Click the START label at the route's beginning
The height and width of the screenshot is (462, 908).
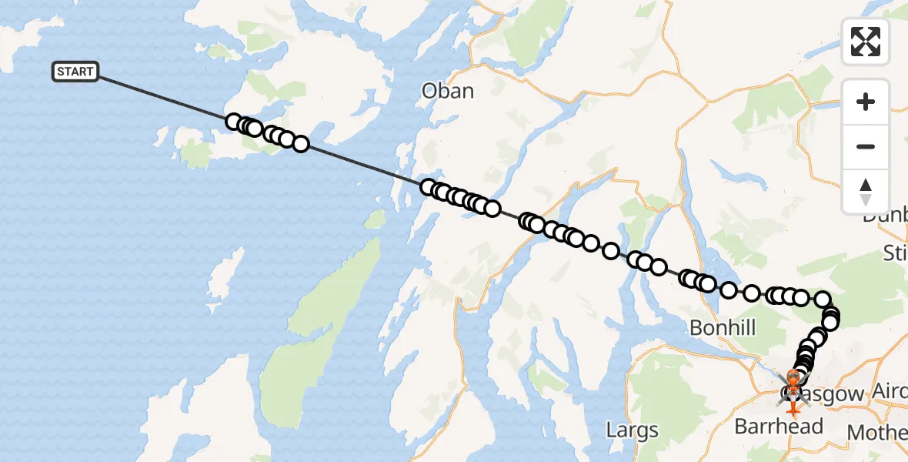pos(75,72)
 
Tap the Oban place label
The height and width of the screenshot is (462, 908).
pos(448,91)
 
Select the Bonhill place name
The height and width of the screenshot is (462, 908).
pos(723,327)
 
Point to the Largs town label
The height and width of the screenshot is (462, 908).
pos(633,429)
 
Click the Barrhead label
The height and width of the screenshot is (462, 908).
pos(779,426)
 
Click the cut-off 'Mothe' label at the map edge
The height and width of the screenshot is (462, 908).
pos(877,432)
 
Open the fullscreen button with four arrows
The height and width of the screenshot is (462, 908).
pos(866,42)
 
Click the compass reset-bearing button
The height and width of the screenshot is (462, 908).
pos(866,192)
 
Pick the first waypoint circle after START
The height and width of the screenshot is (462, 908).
pos(233,122)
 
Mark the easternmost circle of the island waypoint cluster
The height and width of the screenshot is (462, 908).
pos(301,143)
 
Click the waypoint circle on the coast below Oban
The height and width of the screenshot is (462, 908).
pos(428,187)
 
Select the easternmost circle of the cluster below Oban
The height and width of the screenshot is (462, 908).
pos(492,209)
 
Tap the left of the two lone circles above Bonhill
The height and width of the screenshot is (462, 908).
pos(729,290)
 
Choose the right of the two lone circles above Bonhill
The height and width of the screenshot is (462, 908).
pos(752,293)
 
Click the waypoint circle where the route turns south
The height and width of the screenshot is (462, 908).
pos(823,299)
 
